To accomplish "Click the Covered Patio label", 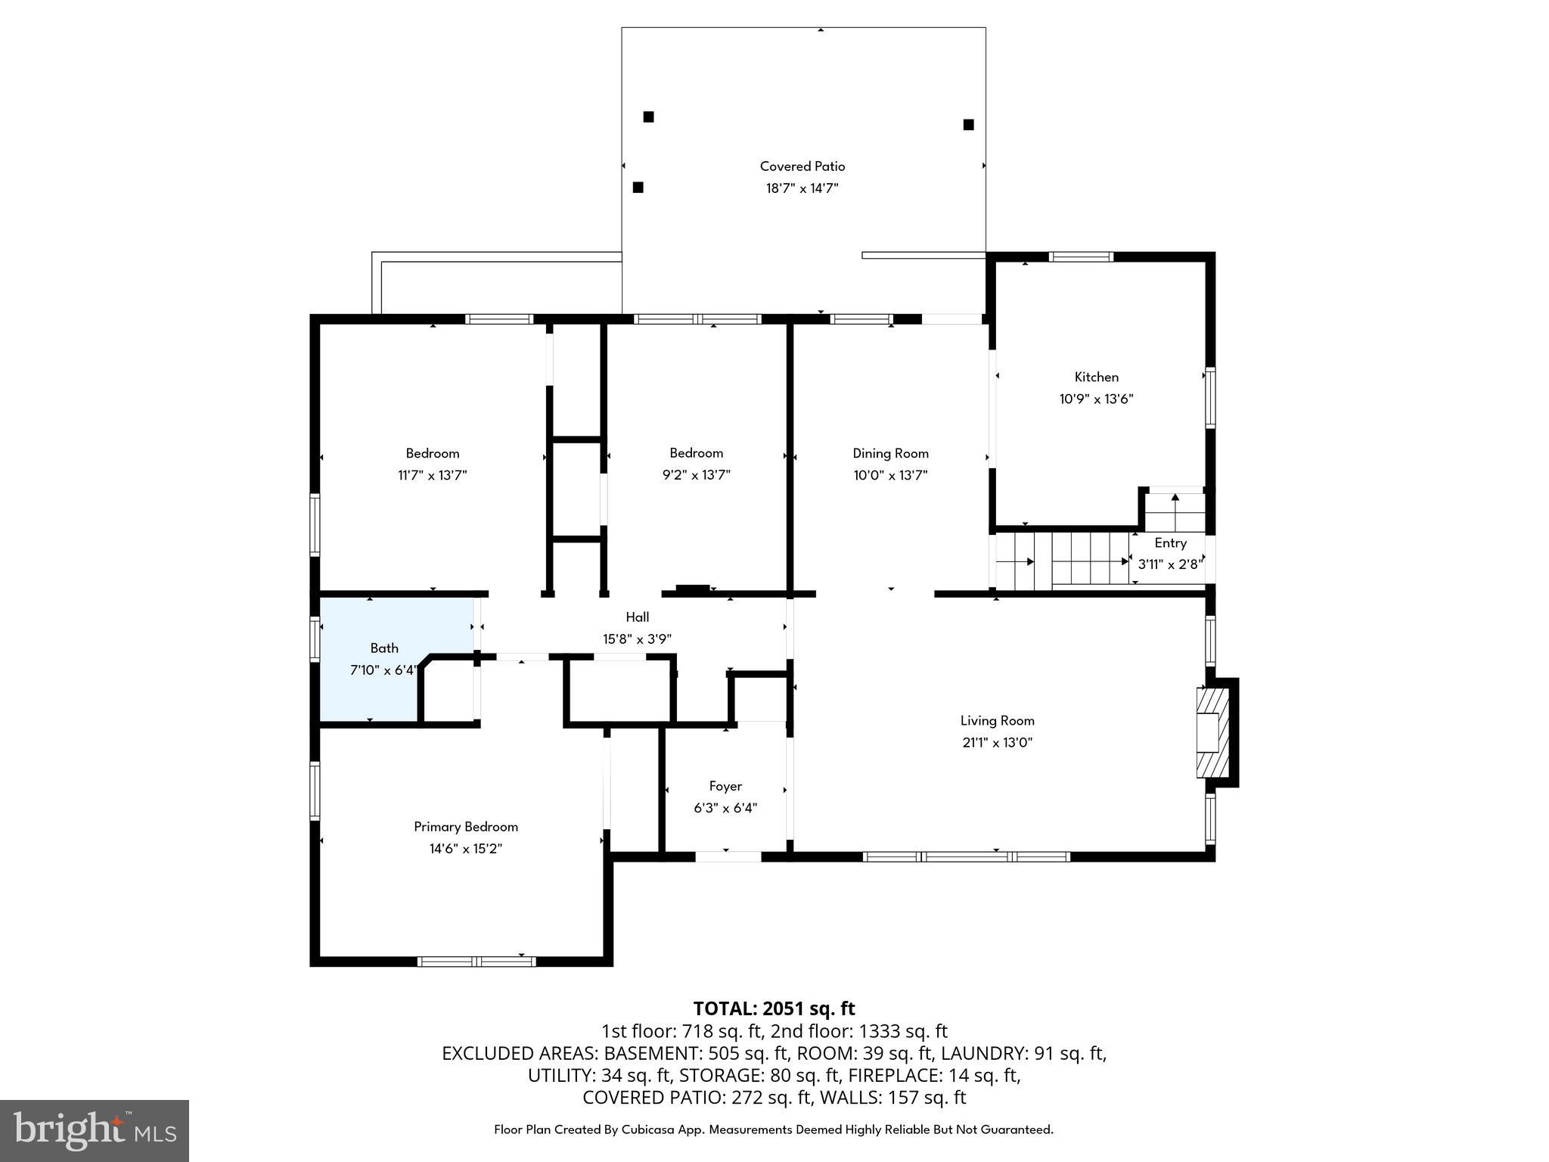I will pyautogui.click(x=802, y=166).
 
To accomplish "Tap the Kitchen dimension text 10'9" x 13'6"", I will pyautogui.click(x=1096, y=399).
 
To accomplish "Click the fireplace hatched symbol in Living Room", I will pyautogui.click(x=1212, y=732).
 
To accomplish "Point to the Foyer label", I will pyautogui.click(x=725, y=786).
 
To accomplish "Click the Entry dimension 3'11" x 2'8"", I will pyautogui.click(x=1169, y=564).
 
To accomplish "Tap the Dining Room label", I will pyautogui.click(x=890, y=453).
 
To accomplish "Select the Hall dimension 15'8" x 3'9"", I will pyautogui.click(x=637, y=639).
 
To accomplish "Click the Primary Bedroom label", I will pyautogui.click(x=465, y=827).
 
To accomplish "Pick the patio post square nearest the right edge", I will pyautogui.click(x=968, y=125).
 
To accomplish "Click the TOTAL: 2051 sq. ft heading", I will pyautogui.click(x=774, y=1008).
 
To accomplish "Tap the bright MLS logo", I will pyautogui.click(x=95, y=1130).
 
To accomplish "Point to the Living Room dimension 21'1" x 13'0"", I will pyautogui.click(x=997, y=743).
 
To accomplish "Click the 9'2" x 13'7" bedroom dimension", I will pyautogui.click(x=696, y=475).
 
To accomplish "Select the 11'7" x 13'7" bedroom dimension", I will pyautogui.click(x=432, y=475).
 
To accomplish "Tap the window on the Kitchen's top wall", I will pyautogui.click(x=1082, y=257).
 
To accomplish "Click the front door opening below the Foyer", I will pyautogui.click(x=728, y=856).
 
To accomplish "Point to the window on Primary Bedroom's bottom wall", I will pyautogui.click(x=476, y=962).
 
